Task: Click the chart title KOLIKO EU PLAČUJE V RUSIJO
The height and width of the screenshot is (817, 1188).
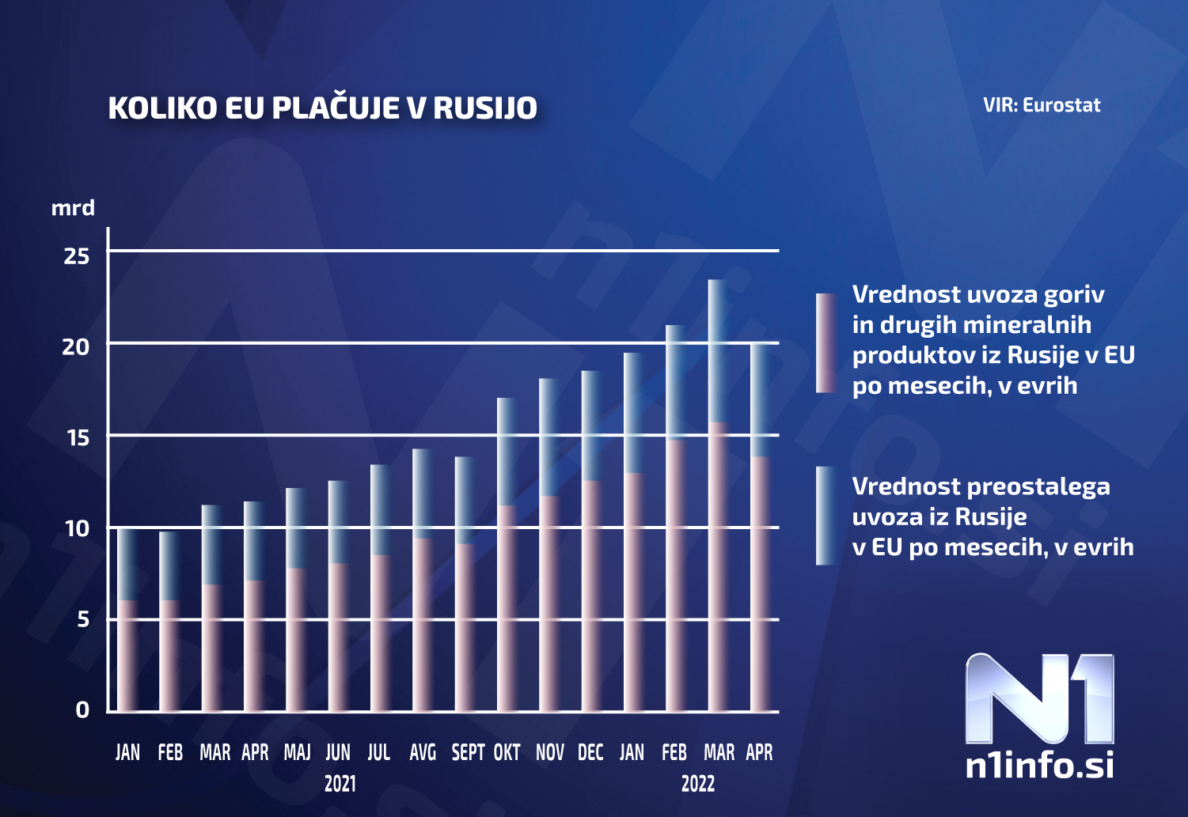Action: click(x=322, y=108)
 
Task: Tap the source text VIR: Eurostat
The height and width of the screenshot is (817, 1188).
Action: click(x=1042, y=105)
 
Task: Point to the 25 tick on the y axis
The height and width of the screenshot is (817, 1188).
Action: click(x=77, y=255)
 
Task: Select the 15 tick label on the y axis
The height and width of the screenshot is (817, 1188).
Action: click(x=78, y=437)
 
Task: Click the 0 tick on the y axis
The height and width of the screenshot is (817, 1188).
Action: click(x=82, y=710)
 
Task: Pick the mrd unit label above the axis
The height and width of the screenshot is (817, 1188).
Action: click(x=73, y=208)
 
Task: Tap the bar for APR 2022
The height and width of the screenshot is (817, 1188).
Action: click(x=761, y=530)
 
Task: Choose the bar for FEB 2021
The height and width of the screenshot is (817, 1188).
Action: click(x=169, y=625)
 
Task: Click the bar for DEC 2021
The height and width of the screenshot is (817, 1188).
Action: click(x=591, y=546)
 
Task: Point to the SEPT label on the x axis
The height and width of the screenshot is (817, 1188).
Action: click(x=468, y=752)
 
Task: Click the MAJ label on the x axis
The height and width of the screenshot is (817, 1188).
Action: click(x=297, y=752)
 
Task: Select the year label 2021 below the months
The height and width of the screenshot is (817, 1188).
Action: click(x=340, y=784)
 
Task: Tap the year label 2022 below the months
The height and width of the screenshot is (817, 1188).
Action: click(x=697, y=784)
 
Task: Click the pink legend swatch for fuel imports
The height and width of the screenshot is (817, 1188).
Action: click(x=826, y=343)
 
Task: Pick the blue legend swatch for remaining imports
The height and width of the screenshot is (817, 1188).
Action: click(x=826, y=516)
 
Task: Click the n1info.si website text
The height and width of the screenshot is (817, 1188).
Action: click(x=1039, y=765)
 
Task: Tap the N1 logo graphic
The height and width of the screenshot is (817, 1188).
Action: click(x=1039, y=698)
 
